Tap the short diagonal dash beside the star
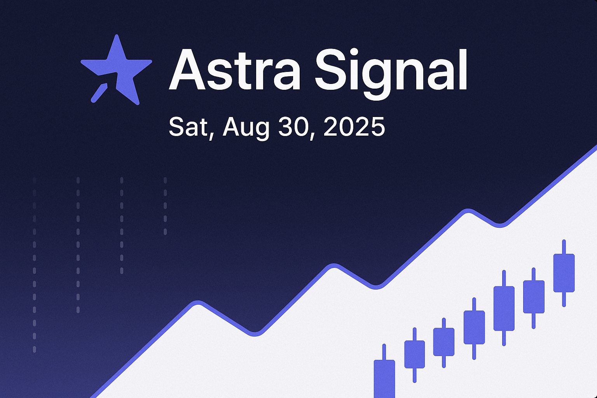(x=99, y=93)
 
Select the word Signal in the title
(x=391, y=74)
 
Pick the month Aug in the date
(x=246, y=129)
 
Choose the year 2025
(x=354, y=127)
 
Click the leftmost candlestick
(x=384, y=373)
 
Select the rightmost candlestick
(x=564, y=273)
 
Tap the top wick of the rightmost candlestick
(x=564, y=246)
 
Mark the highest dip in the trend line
(x=500, y=225)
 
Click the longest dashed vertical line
(x=34, y=265)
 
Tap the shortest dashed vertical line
(x=165, y=206)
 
